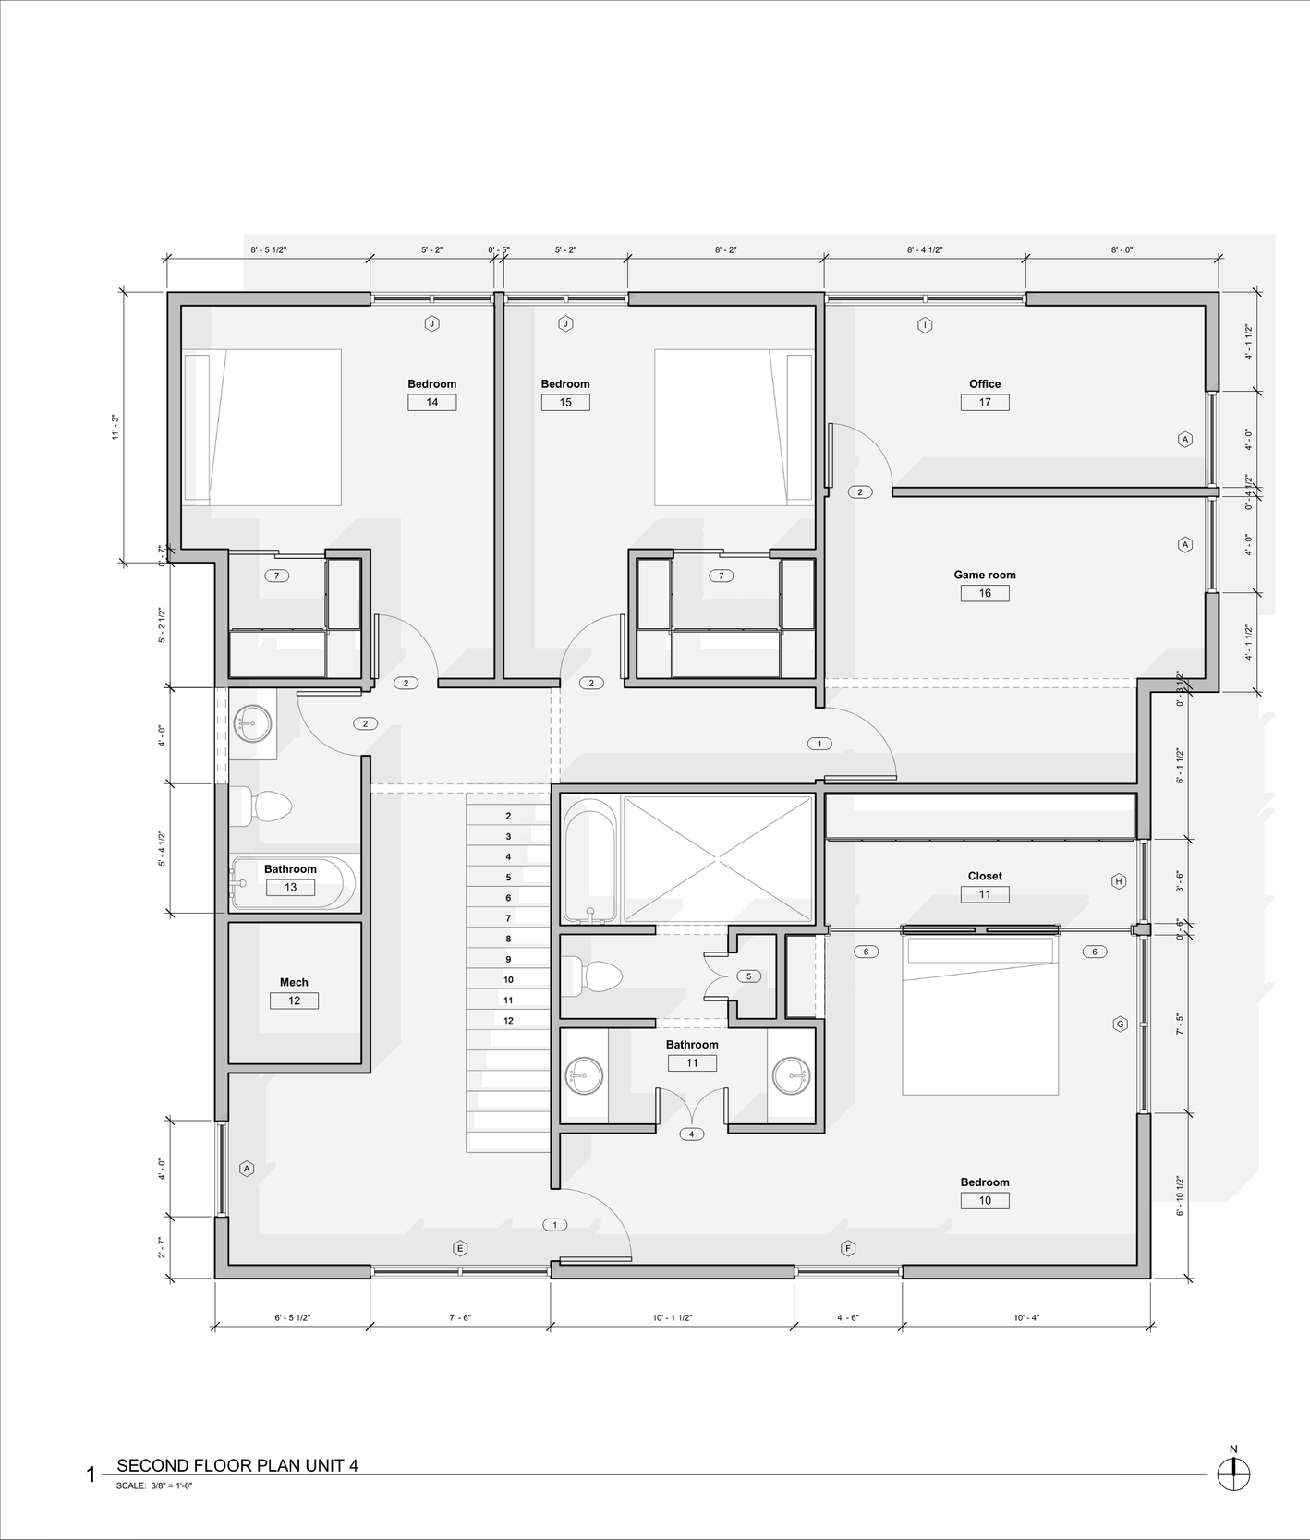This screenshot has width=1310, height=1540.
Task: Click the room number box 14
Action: coord(431,403)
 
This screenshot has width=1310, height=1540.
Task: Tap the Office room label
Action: coord(984,384)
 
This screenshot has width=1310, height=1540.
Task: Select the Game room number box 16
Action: coord(984,593)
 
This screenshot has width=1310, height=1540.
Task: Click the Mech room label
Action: coord(294,982)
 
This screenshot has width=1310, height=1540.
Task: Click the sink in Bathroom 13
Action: coord(252,723)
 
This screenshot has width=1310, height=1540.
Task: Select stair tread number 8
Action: coord(508,939)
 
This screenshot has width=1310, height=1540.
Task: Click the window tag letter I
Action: coord(925,325)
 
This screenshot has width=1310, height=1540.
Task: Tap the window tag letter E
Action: coord(460,1249)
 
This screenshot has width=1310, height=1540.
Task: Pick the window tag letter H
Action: coord(1119,881)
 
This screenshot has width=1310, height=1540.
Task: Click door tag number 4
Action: coord(691,1134)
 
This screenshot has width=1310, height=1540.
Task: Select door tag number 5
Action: coord(748,976)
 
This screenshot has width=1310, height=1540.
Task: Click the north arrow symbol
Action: coord(1233,1473)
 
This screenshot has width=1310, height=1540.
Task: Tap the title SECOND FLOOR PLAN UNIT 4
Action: coord(237,1465)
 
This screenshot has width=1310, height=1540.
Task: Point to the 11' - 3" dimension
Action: coord(115,427)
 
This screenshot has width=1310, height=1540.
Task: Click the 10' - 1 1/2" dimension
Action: coord(672,1318)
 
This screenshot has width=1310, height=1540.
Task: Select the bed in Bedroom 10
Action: coord(979,1016)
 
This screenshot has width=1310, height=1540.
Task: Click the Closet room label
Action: coord(984,876)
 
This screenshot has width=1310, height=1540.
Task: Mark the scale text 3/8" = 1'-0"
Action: coord(171,1486)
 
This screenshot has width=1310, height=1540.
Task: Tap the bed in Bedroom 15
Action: coord(734,427)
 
